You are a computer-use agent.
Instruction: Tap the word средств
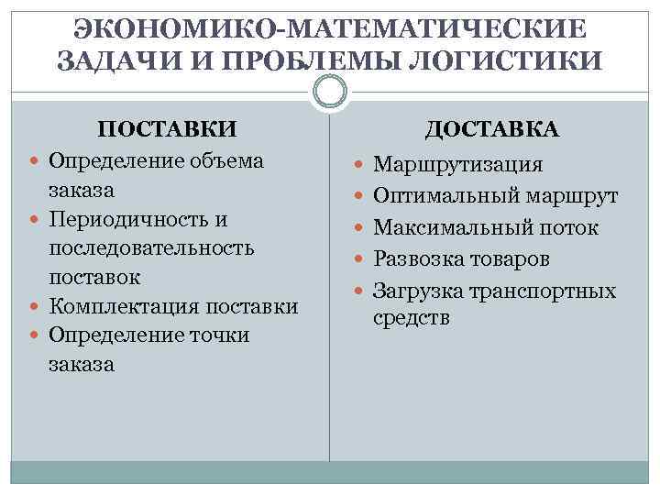[x=412, y=318]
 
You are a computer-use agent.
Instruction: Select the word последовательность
[x=152, y=248]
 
